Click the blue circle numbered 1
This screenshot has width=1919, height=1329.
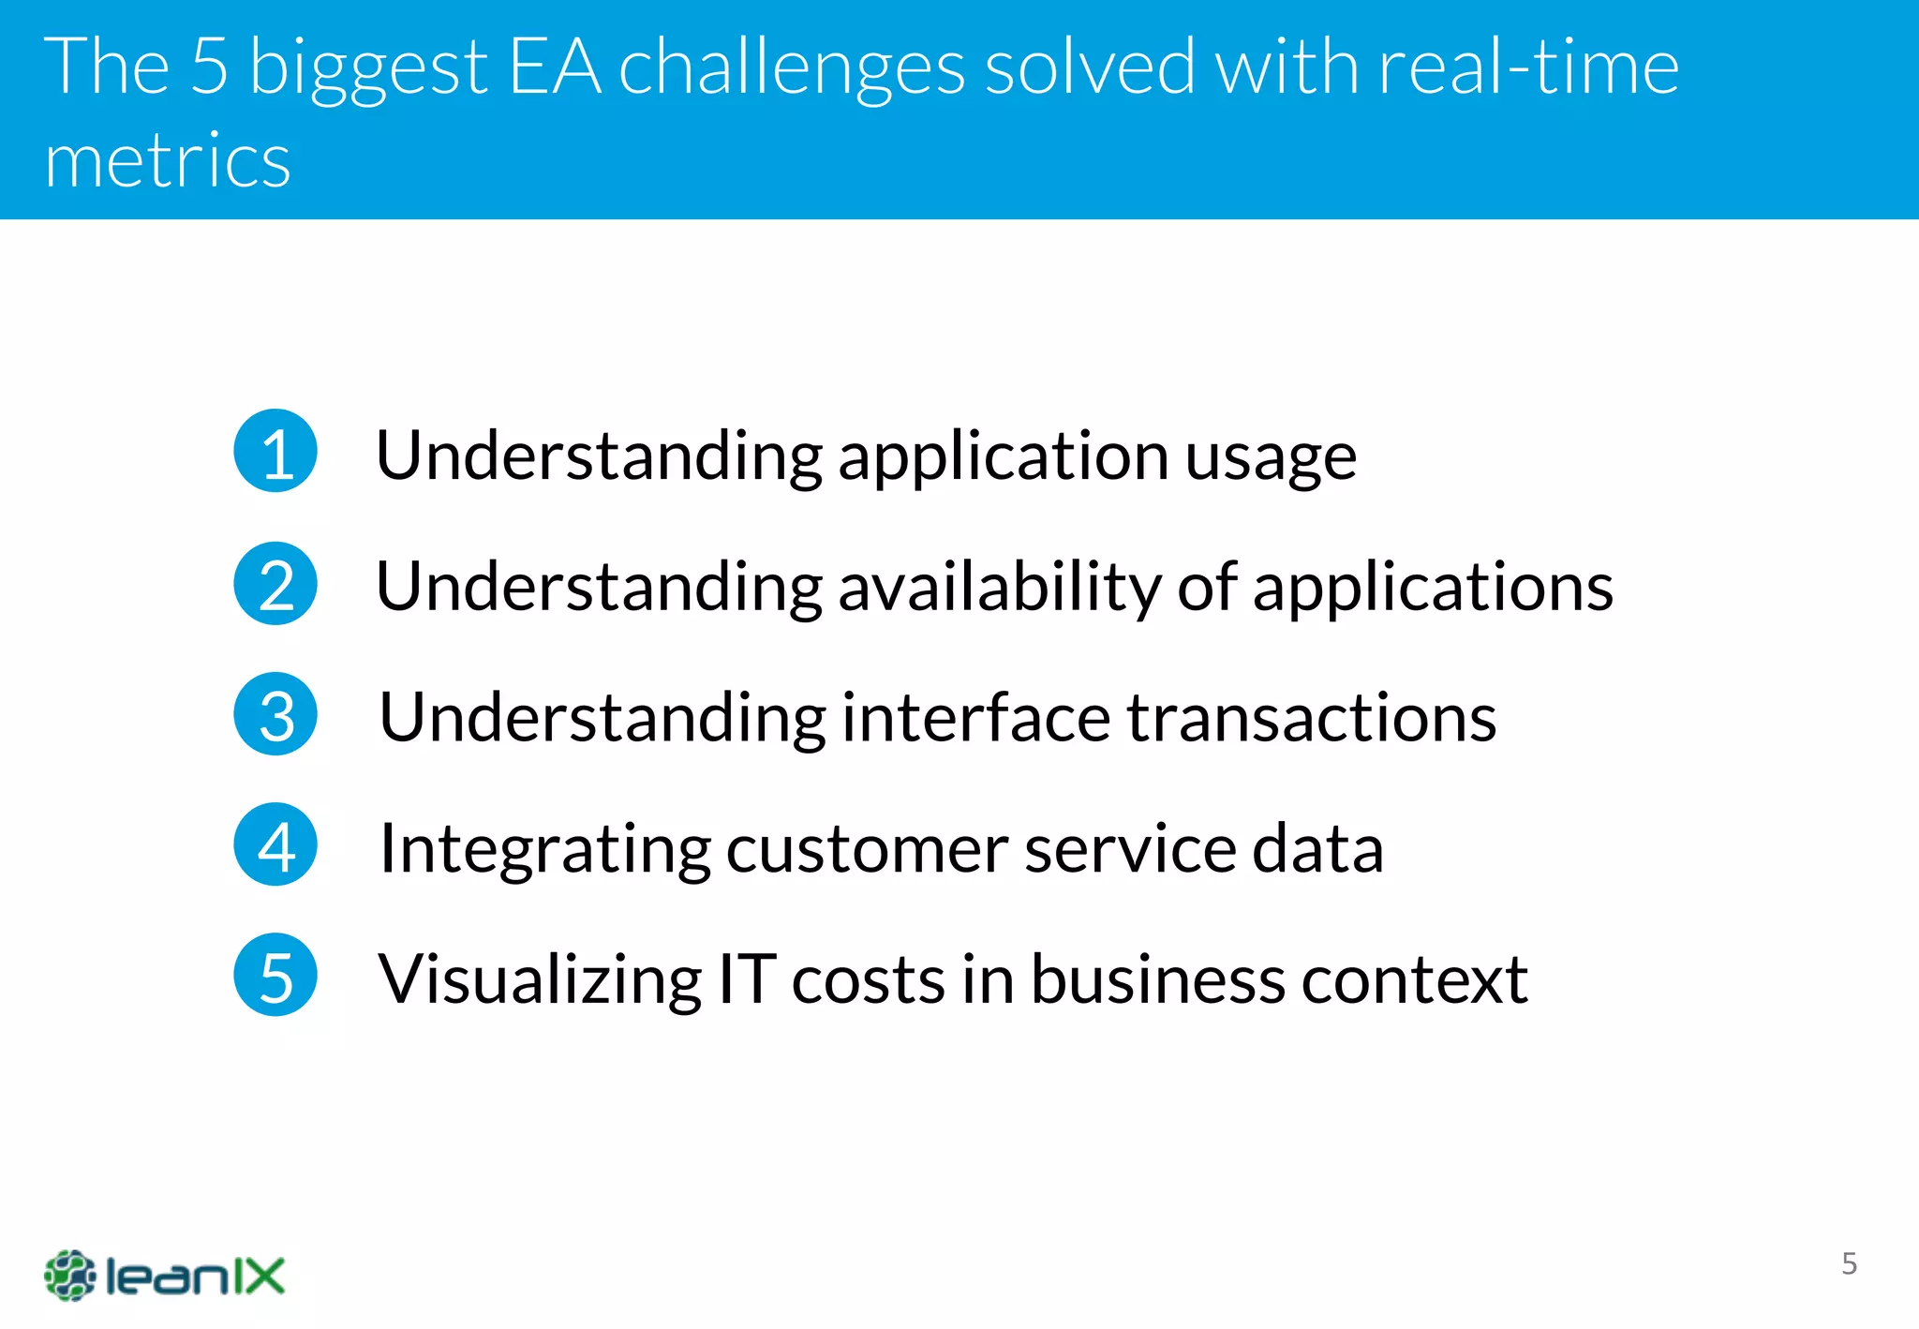click(x=275, y=451)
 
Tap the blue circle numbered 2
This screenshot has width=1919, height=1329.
click(x=275, y=584)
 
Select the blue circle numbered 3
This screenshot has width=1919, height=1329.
click(x=275, y=714)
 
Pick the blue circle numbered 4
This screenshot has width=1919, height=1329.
click(x=275, y=844)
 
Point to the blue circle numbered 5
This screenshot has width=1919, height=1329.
click(x=275, y=975)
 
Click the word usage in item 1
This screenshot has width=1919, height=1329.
click(x=1271, y=457)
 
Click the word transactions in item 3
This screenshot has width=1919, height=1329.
click(x=1311, y=718)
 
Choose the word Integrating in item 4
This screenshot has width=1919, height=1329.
click(x=544, y=849)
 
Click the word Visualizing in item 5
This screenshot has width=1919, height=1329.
click(x=540, y=979)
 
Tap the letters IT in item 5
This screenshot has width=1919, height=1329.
click(x=747, y=978)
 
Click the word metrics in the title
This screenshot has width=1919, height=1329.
click(x=168, y=160)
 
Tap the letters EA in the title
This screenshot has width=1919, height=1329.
click(x=554, y=67)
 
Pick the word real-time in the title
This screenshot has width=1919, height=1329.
click(x=1527, y=67)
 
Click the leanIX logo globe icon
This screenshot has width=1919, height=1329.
click(x=69, y=1276)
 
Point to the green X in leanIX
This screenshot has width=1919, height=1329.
click(x=261, y=1276)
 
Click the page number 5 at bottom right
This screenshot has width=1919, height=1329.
click(x=1849, y=1263)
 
